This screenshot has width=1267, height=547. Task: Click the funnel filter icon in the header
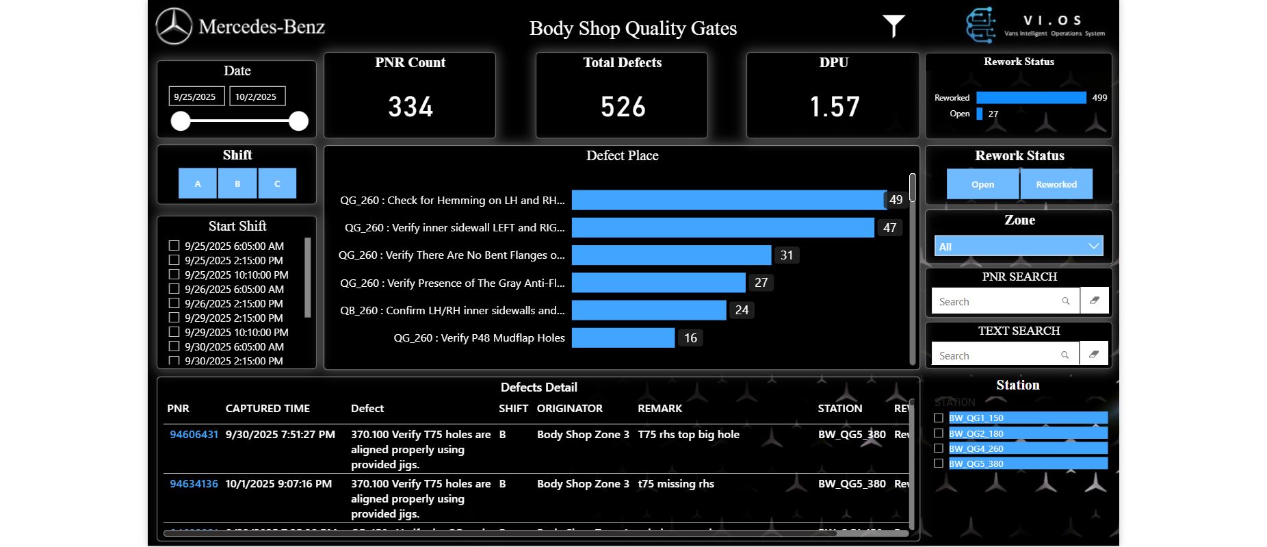[x=893, y=25]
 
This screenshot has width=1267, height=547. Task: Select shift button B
[x=237, y=183]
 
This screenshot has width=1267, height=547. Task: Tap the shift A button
[x=198, y=183]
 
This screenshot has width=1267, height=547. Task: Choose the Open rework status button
[x=982, y=184]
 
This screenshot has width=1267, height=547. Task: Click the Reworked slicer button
[x=1056, y=184]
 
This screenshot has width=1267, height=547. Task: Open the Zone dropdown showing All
[x=1019, y=246]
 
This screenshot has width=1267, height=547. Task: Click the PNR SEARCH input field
[x=995, y=301]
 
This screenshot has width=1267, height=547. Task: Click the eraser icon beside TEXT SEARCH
[x=1094, y=354]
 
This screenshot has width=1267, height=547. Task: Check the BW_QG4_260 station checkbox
[x=939, y=448]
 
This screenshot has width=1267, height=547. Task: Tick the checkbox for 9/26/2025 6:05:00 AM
[x=174, y=289]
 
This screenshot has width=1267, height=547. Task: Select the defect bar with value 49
[x=729, y=200]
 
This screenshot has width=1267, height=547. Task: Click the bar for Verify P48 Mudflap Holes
[x=623, y=338]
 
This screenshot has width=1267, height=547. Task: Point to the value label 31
[x=787, y=255]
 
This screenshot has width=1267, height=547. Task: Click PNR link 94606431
[x=194, y=434]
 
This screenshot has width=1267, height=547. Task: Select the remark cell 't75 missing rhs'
[x=676, y=483]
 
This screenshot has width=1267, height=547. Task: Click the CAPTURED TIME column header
[x=267, y=408]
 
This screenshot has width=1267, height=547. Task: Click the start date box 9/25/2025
[x=196, y=97]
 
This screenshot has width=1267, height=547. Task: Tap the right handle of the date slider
[x=298, y=121]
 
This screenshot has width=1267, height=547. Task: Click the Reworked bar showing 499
[x=1031, y=98]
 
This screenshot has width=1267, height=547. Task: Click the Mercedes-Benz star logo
[x=174, y=27]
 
